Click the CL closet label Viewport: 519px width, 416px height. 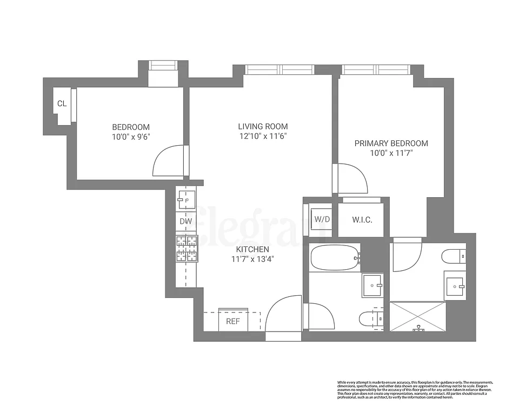coord(62,103)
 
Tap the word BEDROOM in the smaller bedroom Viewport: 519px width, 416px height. coord(127,127)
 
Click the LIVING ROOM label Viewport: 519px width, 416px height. coord(263,127)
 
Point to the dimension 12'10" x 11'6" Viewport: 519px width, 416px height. coord(263,136)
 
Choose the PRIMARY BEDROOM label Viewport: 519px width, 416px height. coord(391,144)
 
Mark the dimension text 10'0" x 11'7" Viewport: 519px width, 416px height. coord(391,153)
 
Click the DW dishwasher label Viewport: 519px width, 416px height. coord(185,221)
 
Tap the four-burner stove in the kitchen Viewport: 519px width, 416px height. coord(186,248)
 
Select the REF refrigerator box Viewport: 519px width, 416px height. coord(233,321)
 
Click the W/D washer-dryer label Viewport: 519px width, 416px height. coord(322,220)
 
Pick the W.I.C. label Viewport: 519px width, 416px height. coord(362,220)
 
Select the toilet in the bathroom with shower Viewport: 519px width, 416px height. coord(453,255)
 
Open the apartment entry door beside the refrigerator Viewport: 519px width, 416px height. coord(283,320)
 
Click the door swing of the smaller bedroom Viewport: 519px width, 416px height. coord(170,161)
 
